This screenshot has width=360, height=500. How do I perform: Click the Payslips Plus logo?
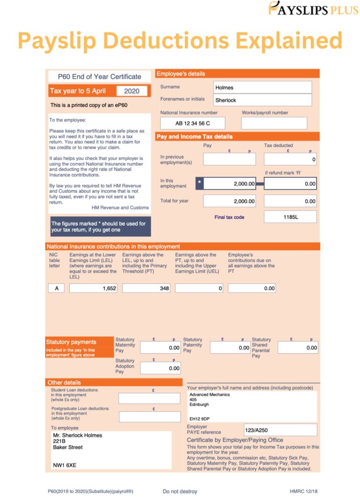pyautogui.click(x=313, y=8)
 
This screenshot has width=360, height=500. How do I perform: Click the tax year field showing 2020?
pyautogui.click(x=132, y=91)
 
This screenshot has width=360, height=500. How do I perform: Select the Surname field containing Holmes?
pyautogui.click(x=262, y=87)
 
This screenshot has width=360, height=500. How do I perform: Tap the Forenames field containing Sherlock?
pyautogui.click(x=262, y=100)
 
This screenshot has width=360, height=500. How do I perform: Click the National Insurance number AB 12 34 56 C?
pyautogui.click(x=193, y=123)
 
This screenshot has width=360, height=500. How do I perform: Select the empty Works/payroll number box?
pyautogui.click(x=274, y=123)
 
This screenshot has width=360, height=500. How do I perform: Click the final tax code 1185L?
pyautogui.click(x=290, y=217)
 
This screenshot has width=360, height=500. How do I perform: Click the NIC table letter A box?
pyautogui.click(x=56, y=288)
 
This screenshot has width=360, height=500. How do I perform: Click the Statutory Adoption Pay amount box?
pyautogui.click(x=160, y=368)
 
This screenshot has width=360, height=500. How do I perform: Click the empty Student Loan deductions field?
pyautogui.click(x=149, y=398)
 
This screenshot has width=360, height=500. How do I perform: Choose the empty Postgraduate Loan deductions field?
pyautogui.click(x=149, y=417)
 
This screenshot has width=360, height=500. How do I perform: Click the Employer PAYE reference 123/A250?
pyautogui.click(x=280, y=430)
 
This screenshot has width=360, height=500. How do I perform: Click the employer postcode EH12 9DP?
pyautogui.click(x=200, y=418)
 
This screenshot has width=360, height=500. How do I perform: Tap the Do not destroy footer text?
pyautogui.click(x=180, y=492)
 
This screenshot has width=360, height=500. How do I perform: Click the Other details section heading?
pyautogui.click(x=64, y=382)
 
